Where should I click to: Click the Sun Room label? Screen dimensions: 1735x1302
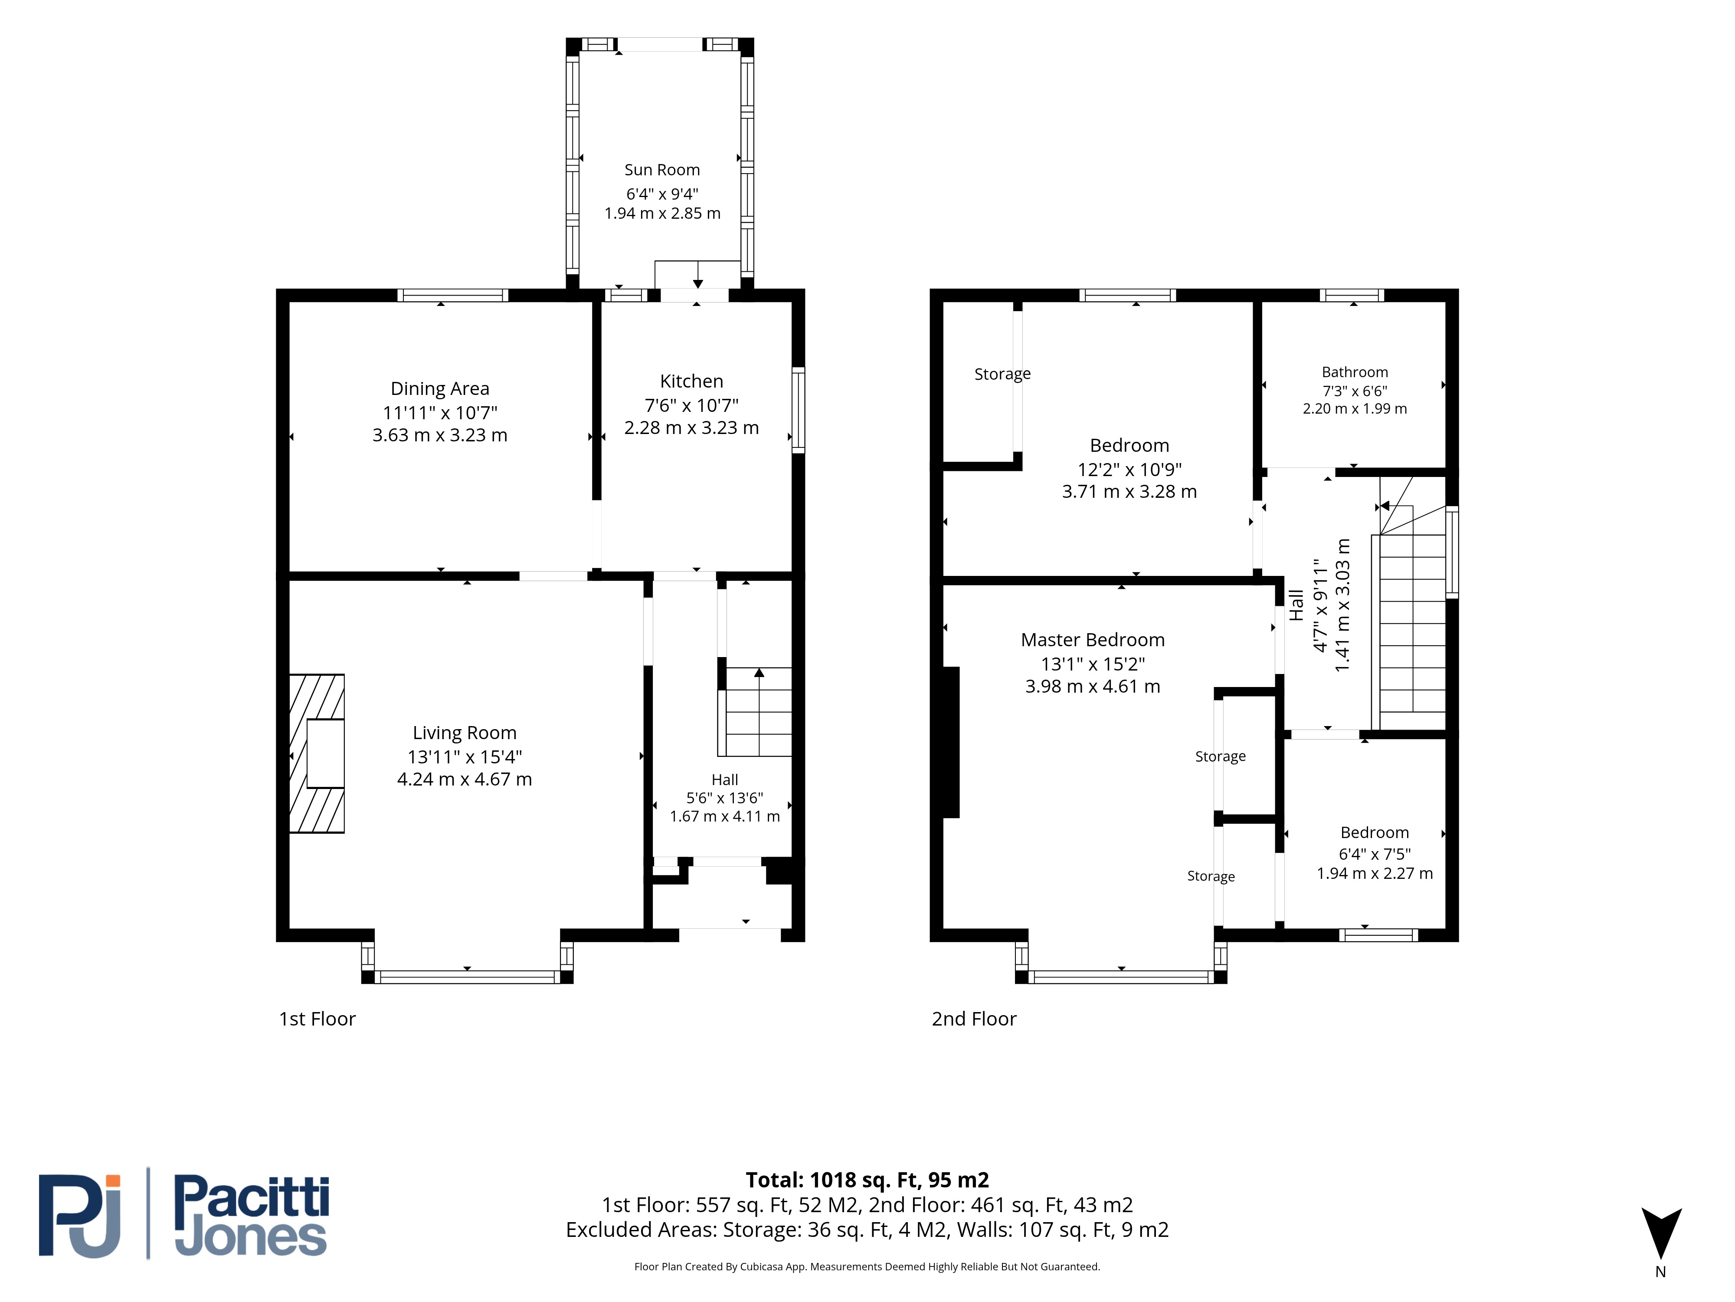[x=662, y=170]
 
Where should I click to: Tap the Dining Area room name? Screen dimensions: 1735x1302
[x=440, y=388]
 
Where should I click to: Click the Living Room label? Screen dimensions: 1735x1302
[x=465, y=733]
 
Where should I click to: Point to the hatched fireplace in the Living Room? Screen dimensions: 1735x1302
[x=317, y=753]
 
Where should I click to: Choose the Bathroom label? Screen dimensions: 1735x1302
[x=1355, y=372]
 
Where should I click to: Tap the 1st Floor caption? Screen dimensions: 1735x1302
[x=318, y=1019]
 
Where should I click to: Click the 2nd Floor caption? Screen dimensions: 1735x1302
[x=974, y=1019]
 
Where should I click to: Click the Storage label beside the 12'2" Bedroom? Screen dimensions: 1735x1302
[x=1002, y=375]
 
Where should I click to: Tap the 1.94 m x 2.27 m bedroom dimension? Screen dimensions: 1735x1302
[x=1374, y=874]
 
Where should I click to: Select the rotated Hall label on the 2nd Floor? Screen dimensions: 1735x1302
[x=1296, y=605]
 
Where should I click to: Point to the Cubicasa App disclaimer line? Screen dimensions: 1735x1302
[x=867, y=1267]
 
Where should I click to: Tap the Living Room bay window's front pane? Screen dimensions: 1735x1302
[x=467, y=977]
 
